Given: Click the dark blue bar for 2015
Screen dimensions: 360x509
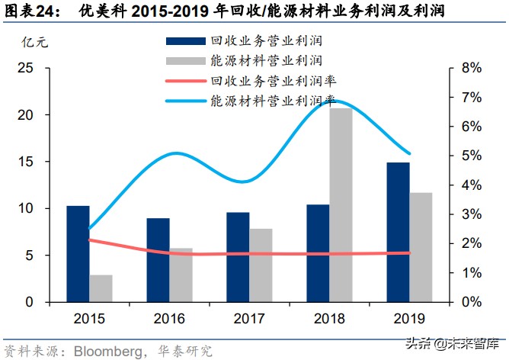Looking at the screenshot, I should point(78,254).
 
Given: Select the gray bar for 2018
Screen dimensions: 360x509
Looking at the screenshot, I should point(341,205).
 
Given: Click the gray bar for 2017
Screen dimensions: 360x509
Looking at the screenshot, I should point(260,265).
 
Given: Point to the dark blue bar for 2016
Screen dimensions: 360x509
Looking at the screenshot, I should point(158,260).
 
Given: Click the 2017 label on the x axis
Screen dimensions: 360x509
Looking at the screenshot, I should point(248,318).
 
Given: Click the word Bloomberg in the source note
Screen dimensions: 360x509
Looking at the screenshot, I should point(104,349).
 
